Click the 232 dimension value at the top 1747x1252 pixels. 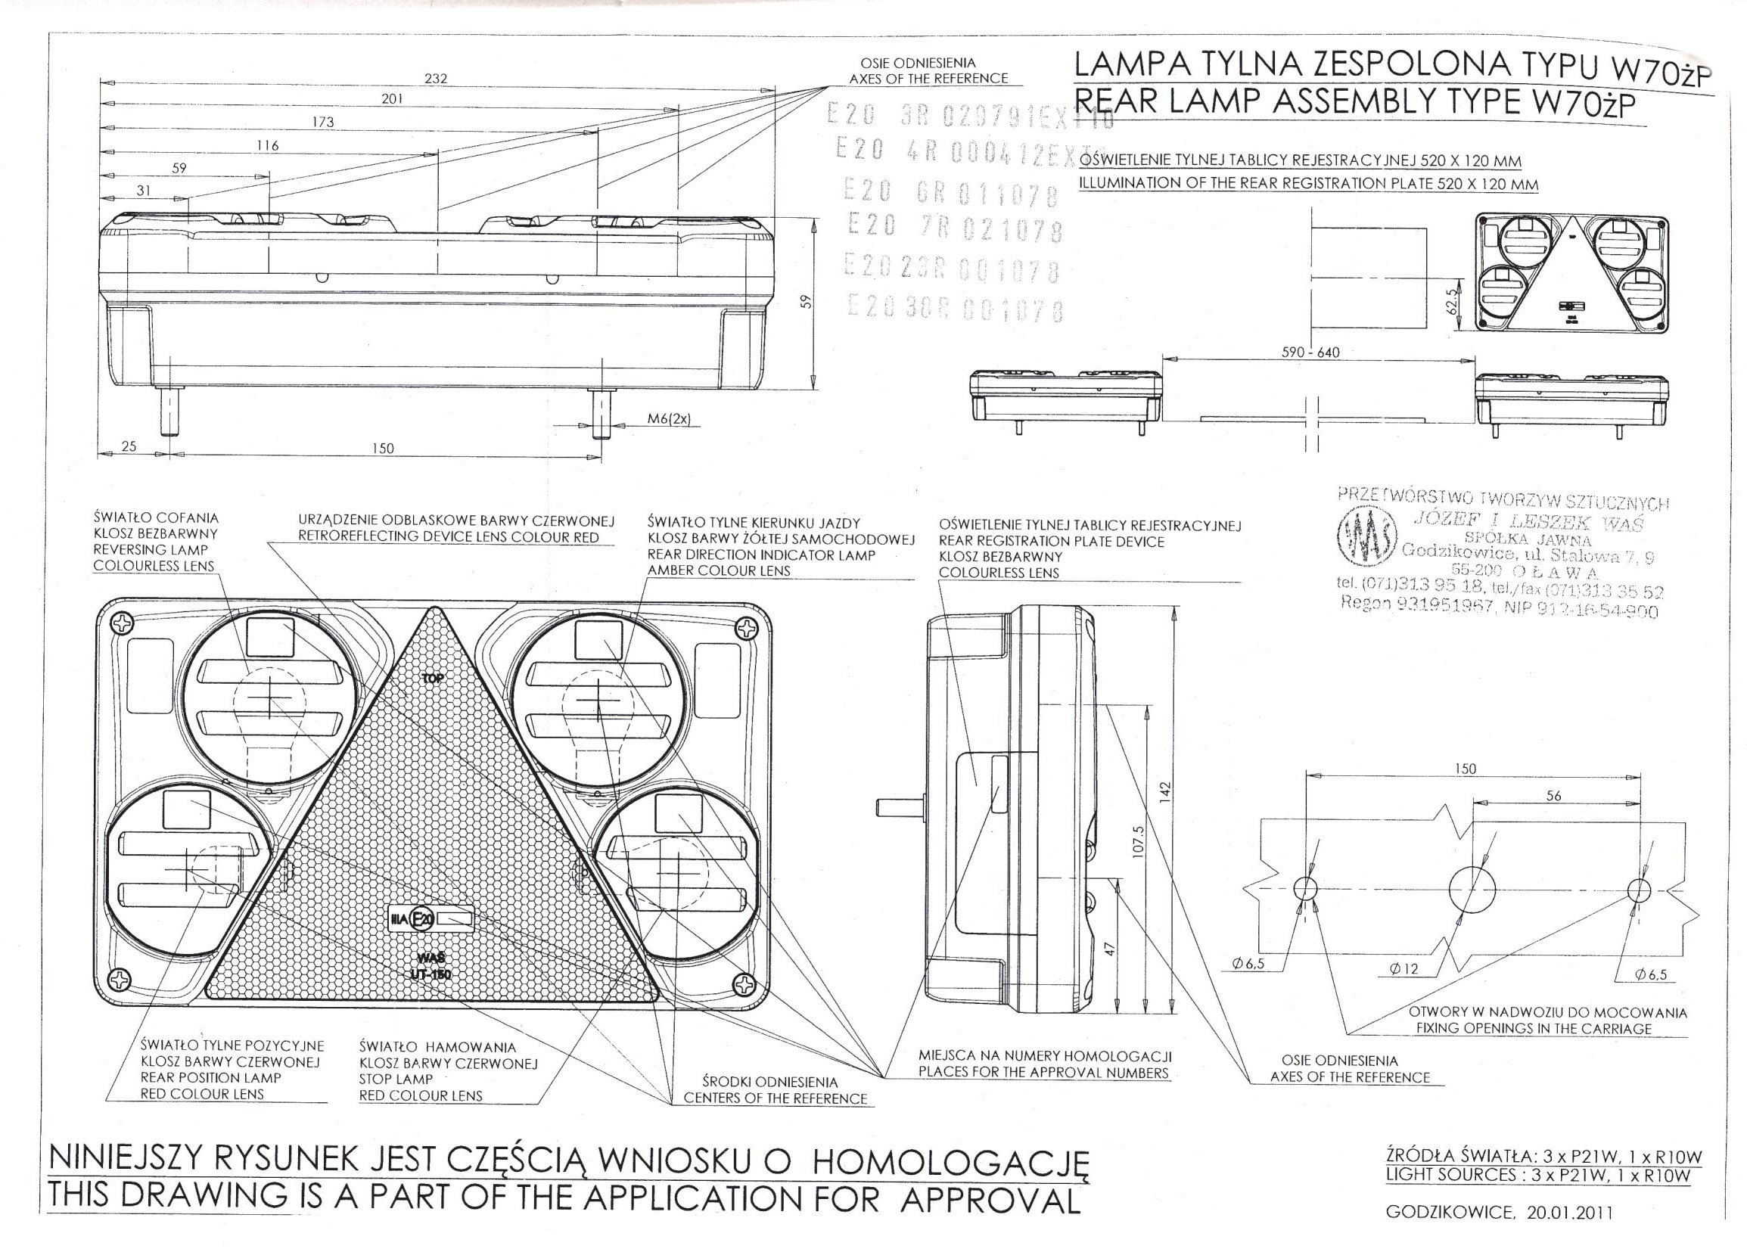(x=435, y=79)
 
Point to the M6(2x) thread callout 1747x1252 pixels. (x=669, y=419)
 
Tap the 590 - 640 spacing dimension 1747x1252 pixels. (x=1310, y=353)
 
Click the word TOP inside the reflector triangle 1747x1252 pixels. (x=433, y=679)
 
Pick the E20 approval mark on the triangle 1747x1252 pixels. (x=422, y=918)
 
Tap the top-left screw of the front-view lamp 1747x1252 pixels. (x=122, y=622)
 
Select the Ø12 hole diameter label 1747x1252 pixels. (x=1404, y=968)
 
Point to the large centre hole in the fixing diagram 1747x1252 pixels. (x=1472, y=890)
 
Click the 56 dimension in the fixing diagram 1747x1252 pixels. (x=1553, y=796)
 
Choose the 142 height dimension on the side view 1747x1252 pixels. (x=1166, y=791)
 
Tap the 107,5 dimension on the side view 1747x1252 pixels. (x=1139, y=840)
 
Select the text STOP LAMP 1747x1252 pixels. (x=396, y=1079)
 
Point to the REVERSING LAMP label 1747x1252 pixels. (x=151, y=550)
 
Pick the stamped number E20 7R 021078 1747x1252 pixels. (x=954, y=228)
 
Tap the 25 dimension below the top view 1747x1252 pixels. (x=129, y=446)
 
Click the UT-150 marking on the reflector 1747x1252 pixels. (x=431, y=975)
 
